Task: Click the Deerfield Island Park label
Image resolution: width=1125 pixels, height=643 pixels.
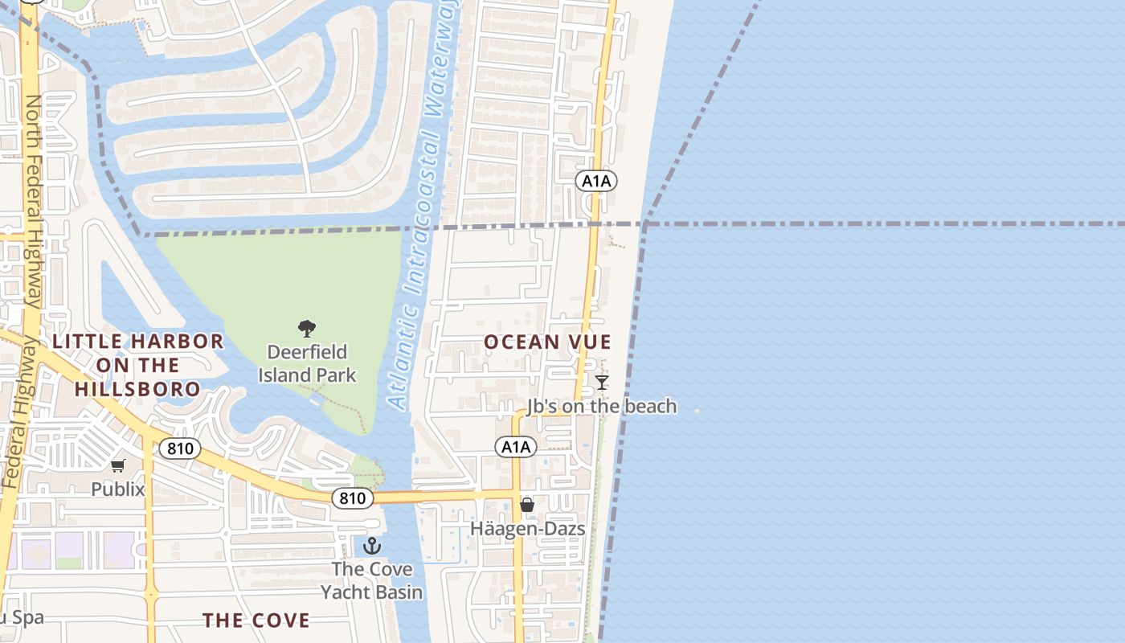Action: (307, 363)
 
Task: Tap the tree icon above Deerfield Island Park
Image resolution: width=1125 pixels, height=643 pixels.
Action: (307, 328)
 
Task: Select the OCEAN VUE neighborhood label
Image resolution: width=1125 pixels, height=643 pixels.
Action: (547, 342)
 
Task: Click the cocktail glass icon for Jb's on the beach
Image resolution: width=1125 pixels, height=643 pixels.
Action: (602, 383)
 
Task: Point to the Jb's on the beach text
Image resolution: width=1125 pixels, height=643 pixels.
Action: (602, 407)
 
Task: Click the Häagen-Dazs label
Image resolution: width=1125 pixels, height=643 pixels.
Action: (527, 529)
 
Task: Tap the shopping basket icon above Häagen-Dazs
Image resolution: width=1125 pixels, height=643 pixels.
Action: (527, 505)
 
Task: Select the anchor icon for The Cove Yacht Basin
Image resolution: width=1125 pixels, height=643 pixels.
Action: (372, 547)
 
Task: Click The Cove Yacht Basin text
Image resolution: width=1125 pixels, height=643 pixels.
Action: (372, 580)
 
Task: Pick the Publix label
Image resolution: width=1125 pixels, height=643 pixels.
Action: (118, 489)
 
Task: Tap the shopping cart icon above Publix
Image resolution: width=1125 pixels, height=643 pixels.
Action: (118, 465)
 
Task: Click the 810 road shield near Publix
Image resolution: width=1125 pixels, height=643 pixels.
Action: (179, 448)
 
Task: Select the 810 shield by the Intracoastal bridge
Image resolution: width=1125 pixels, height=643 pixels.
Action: (352, 498)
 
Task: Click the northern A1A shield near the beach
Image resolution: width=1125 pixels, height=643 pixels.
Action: (596, 181)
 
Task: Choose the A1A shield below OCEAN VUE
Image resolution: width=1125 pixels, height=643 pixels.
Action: (515, 447)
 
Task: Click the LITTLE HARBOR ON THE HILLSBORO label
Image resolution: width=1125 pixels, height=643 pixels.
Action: (137, 365)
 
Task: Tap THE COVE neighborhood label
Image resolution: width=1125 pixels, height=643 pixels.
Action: (256, 620)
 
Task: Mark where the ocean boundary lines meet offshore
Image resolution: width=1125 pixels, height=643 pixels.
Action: (645, 224)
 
